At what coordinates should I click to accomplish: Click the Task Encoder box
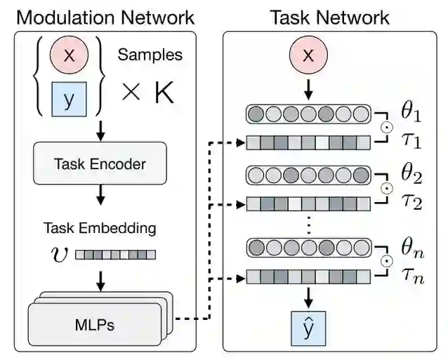100,164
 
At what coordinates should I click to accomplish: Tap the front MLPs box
94,324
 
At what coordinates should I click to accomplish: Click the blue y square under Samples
69,99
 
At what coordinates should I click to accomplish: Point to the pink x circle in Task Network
308,57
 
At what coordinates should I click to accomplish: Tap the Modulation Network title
105,16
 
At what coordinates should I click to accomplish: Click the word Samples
150,54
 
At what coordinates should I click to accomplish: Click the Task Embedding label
100,228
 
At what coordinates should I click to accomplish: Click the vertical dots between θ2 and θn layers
308,227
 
